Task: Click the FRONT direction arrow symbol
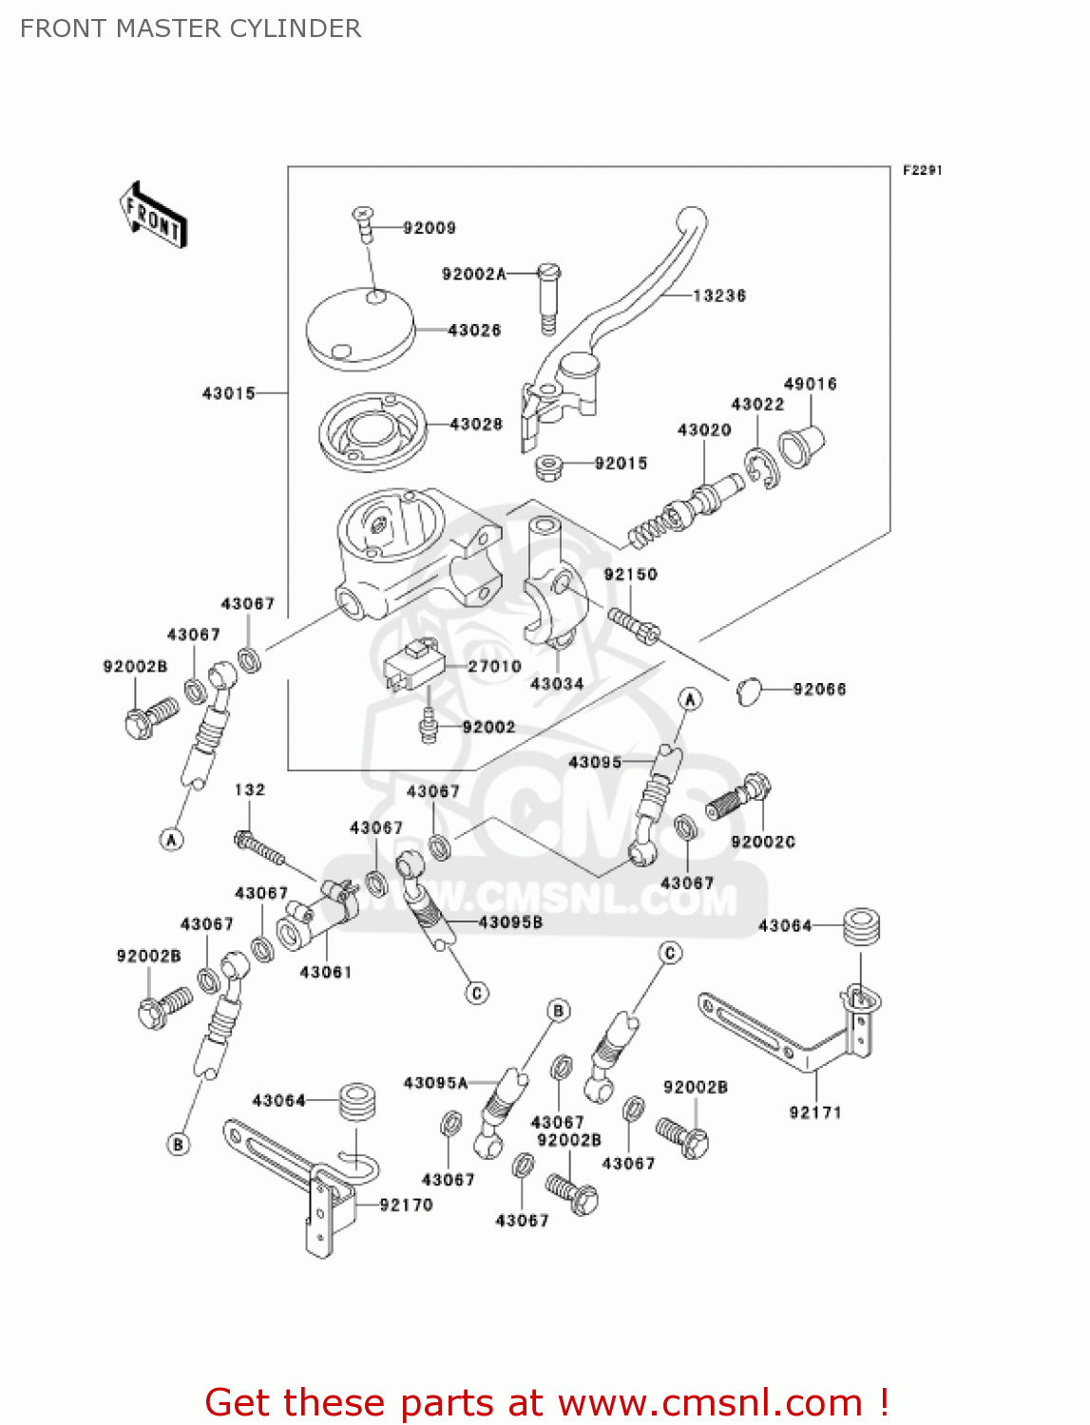152,216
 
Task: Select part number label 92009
429,228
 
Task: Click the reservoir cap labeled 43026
360,329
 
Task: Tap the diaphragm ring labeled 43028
371,432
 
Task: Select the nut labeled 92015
548,466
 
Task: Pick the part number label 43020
704,430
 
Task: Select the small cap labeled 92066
749,691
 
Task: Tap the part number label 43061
325,972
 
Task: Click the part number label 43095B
510,921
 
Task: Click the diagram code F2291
922,170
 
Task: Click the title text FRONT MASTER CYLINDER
190,28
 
